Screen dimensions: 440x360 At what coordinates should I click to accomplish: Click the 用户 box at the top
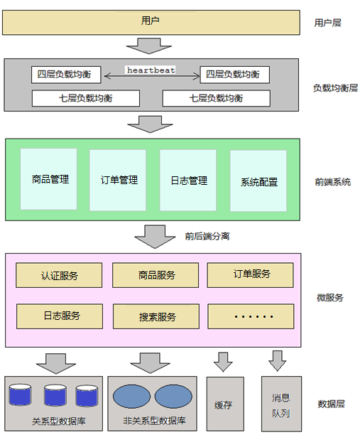[151, 22]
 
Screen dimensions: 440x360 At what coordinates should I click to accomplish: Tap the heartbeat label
[151, 70]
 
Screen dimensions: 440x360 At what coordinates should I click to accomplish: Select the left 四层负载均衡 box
[67, 75]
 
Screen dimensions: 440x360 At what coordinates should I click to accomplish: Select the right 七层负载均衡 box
[217, 98]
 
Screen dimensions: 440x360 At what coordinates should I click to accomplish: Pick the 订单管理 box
[118, 180]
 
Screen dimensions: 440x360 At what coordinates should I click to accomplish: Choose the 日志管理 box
[187, 181]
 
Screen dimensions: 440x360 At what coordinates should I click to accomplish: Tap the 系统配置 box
[258, 182]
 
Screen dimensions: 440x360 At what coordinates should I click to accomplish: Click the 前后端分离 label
[207, 236]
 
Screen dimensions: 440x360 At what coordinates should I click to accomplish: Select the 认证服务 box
[59, 275]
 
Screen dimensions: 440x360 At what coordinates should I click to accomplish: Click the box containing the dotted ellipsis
[251, 316]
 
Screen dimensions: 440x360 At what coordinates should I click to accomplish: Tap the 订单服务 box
[251, 274]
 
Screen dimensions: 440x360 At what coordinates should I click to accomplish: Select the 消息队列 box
[280, 404]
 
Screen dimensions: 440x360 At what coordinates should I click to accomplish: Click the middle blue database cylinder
[55, 395]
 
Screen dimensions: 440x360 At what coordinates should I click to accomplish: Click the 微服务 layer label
[329, 298]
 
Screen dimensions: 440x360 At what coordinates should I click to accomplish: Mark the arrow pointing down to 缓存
[223, 362]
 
